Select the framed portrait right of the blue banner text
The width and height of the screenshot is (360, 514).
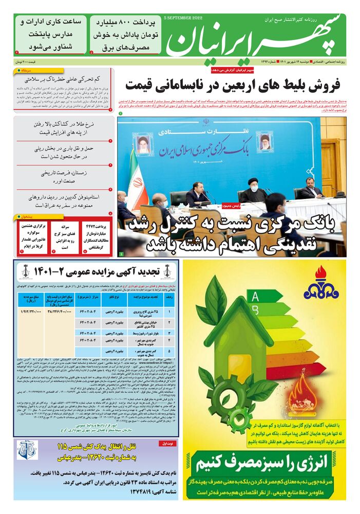[x=265, y=141]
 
